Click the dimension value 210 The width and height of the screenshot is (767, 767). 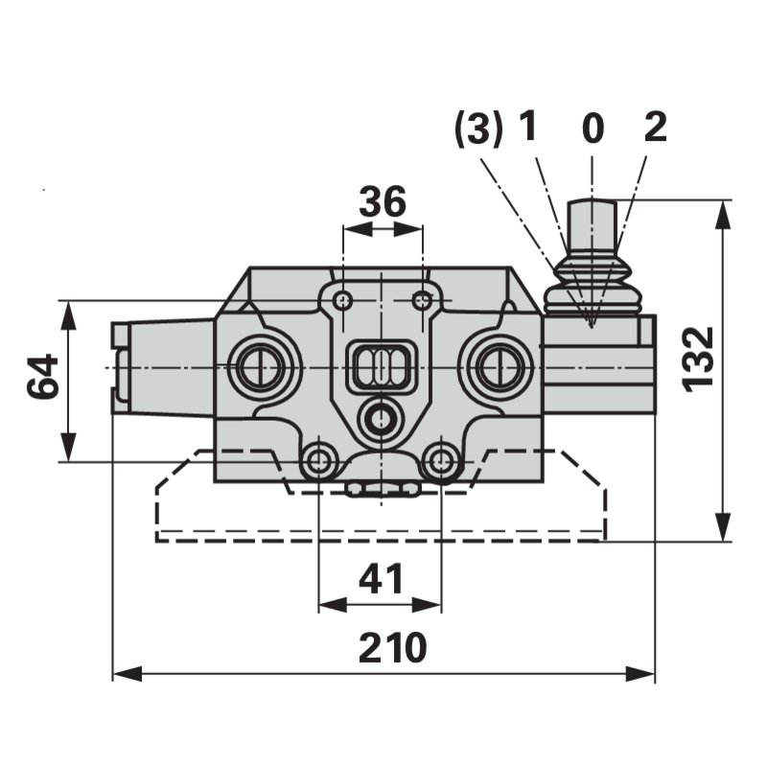tap(392, 648)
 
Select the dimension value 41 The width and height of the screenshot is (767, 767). tap(381, 579)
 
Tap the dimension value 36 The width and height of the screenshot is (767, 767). tap(382, 201)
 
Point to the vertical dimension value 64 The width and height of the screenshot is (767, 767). tap(42, 377)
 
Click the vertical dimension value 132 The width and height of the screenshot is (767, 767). tap(698, 360)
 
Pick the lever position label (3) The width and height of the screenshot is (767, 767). tap(478, 128)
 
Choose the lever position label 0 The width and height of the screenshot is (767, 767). tap(593, 128)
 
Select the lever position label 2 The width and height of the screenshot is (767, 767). tap(656, 128)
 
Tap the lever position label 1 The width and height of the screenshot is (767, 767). tap(528, 127)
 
